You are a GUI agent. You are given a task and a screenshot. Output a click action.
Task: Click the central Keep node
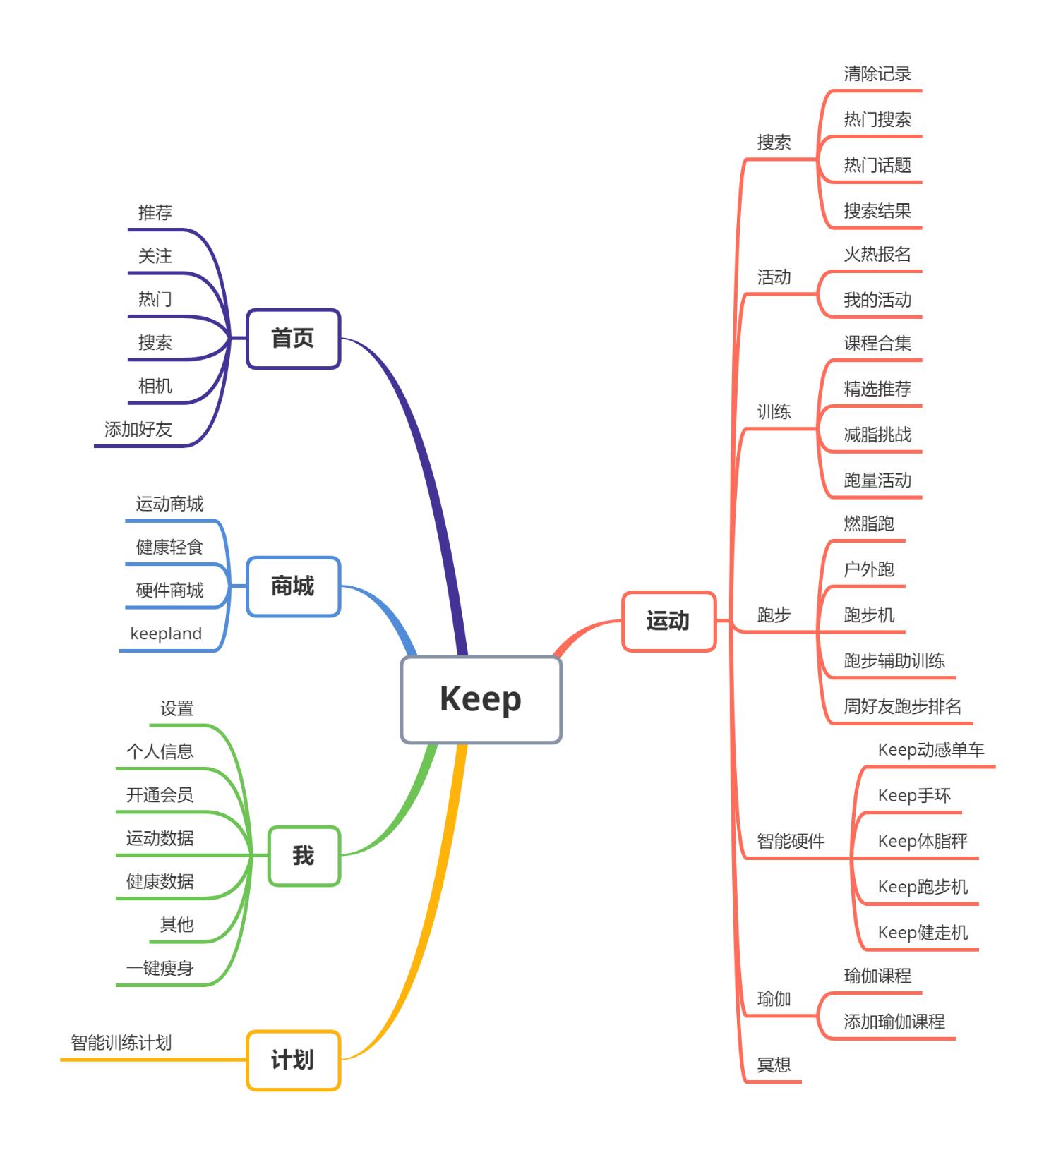click(x=481, y=699)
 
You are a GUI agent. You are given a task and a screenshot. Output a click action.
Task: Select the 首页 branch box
click(x=293, y=339)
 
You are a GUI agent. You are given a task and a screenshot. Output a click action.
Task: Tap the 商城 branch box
click(x=293, y=586)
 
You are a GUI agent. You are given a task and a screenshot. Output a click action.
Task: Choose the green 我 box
click(x=304, y=856)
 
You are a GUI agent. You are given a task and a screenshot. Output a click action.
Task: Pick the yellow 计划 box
click(x=293, y=1060)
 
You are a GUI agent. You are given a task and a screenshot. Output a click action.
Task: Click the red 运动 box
click(x=668, y=621)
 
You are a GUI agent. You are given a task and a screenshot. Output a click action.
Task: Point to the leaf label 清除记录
click(x=877, y=74)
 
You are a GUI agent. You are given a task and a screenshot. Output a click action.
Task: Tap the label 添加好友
click(x=138, y=429)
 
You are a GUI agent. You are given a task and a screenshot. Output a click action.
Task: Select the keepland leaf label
click(x=166, y=634)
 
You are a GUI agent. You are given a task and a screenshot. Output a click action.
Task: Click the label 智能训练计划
click(x=121, y=1043)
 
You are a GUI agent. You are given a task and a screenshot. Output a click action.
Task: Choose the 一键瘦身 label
click(x=160, y=968)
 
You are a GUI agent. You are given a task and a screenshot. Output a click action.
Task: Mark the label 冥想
click(x=774, y=1065)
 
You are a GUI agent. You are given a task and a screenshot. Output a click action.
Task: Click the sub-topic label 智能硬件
click(x=791, y=841)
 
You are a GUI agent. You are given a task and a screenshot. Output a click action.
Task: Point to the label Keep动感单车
click(x=930, y=750)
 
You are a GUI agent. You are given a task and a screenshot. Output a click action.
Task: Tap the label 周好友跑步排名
click(x=902, y=706)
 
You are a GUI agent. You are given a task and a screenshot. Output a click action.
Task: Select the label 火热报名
click(x=877, y=255)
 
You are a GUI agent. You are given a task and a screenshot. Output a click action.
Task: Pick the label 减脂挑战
click(x=877, y=435)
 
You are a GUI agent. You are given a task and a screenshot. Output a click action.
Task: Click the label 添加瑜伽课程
click(x=894, y=1022)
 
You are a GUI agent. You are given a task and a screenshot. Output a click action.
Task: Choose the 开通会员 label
click(x=160, y=795)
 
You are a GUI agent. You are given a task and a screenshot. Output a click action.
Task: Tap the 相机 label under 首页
click(x=155, y=386)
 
